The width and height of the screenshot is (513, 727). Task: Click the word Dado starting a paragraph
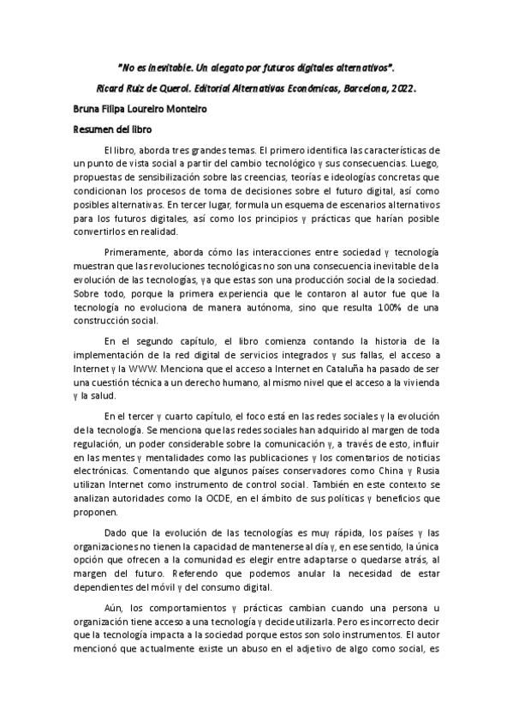pyautogui.click(x=117, y=532)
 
